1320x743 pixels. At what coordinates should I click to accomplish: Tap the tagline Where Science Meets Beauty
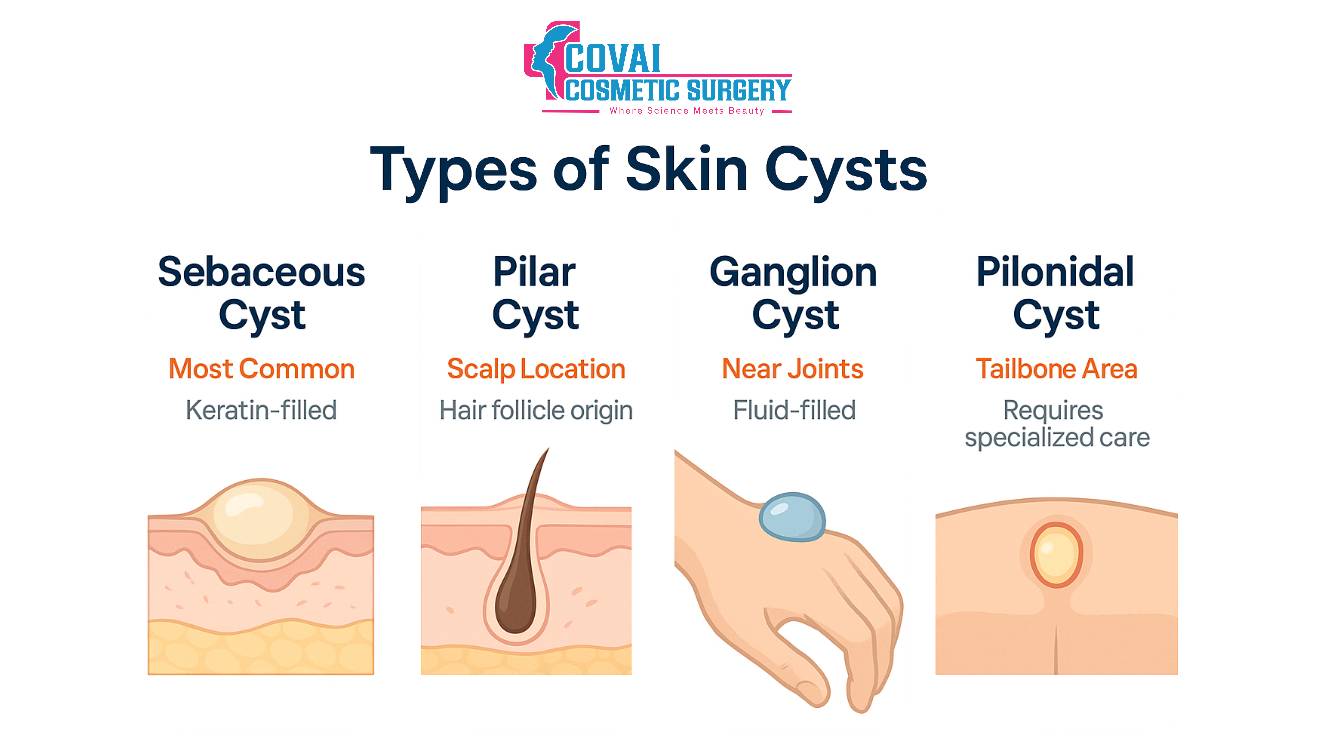pyautogui.click(x=687, y=111)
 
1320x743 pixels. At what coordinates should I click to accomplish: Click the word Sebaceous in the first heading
pyautogui.click(x=261, y=272)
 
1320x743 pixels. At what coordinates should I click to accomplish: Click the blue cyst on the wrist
pyautogui.click(x=792, y=517)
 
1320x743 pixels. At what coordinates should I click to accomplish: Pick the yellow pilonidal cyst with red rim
pyautogui.click(x=1056, y=555)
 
